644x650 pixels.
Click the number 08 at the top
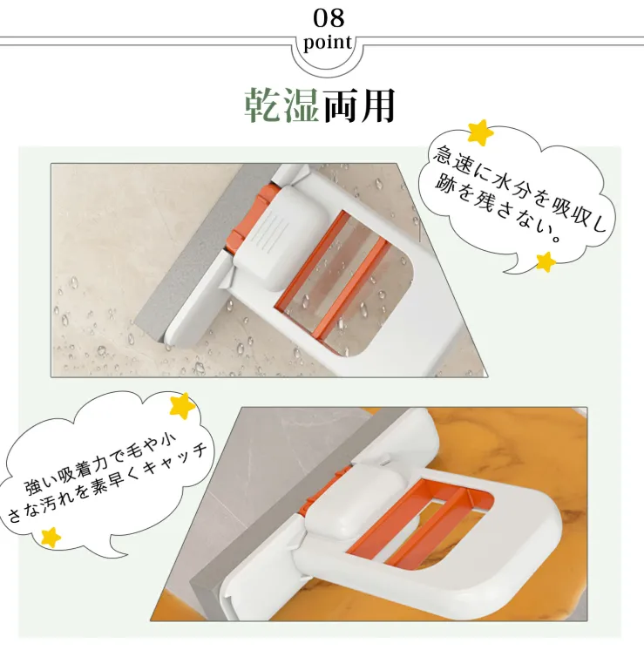(x=329, y=18)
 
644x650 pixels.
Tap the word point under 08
(x=328, y=43)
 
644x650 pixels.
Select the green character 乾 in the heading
(x=262, y=105)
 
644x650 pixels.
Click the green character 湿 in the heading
(x=300, y=105)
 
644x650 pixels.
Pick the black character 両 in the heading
(x=339, y=105)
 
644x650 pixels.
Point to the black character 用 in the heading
(x=376, y=105)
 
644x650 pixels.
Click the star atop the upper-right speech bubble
(x=480, y=132)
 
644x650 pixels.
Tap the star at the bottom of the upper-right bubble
(x=546, y=262)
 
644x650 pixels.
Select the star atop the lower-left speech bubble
(x=182, y=405)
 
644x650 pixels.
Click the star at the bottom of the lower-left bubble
(x=51, y=538)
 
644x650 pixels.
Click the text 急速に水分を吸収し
(x=519, y=188)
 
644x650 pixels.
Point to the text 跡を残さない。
(x=498, y=211)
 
